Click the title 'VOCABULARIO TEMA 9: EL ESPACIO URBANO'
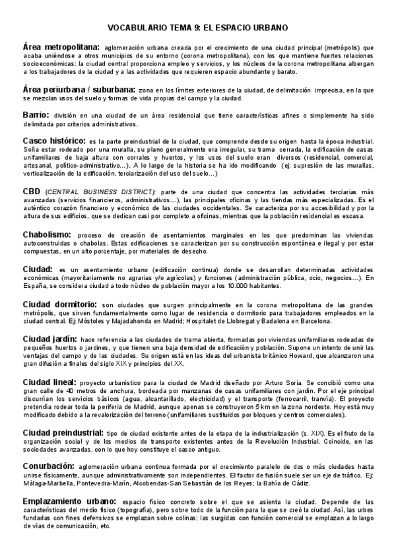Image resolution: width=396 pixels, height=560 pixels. (198, 28)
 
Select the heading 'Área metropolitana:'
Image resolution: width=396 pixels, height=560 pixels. (61, 48)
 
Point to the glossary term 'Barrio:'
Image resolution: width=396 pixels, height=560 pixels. (36, 114)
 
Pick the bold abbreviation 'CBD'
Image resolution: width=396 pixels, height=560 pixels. (33, 191)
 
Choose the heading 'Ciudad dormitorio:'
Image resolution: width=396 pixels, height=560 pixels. (61, 304)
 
